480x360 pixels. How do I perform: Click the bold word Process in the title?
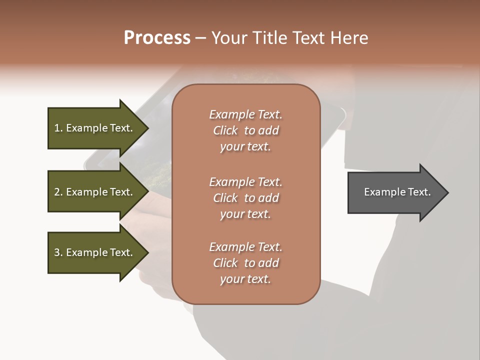click(157, 38)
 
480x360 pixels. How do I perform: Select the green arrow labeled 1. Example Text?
click(95, 128)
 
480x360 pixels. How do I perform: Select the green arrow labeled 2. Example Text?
click(95, 192)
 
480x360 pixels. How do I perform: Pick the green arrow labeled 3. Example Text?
click(95, 252)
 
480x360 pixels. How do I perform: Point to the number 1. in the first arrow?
click(58, 128)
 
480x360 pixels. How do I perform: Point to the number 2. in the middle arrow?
click(58, 192)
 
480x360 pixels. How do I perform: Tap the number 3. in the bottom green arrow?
click(58, 252)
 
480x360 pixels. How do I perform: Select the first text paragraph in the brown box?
click(245, 130)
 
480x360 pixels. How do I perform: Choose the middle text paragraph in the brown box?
click(245, 198)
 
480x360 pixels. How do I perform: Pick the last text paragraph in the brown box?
click(245, 263)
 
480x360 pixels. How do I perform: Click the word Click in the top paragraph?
click(225, 130)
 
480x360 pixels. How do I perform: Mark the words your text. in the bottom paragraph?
click(245, 279)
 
